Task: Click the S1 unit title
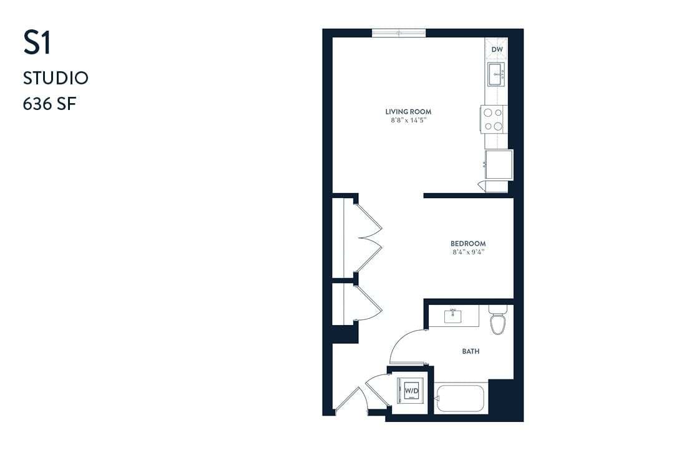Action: tap(37, 43)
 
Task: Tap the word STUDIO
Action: tap(56, 78)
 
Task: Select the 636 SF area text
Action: tap(49, 103)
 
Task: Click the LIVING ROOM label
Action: tap(408, 112)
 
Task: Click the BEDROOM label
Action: tap(468, 244)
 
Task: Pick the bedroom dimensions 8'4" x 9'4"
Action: tap(468, 252)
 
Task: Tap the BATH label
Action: tap(471, 351)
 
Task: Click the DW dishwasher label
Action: tap(497, 49)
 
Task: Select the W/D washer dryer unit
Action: tap(411, 391)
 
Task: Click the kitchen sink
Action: tap(497, 73)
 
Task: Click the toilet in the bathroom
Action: tap(497, 321)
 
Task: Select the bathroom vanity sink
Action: tap(454, 316)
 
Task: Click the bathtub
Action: tap(461, 398)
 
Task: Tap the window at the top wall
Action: tap(399, 32)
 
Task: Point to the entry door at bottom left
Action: tap(349, 400)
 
